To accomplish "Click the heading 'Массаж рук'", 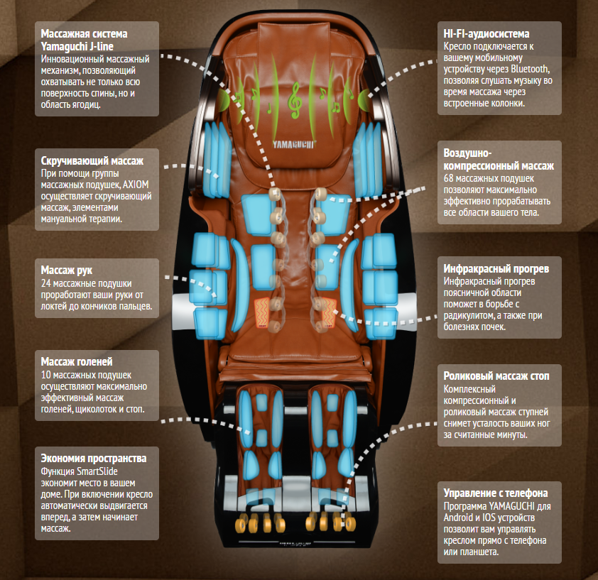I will point(67,270).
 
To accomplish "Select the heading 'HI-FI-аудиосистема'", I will point(486,34).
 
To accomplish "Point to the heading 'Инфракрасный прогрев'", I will point(496,269).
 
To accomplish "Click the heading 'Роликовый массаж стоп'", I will point(496,377).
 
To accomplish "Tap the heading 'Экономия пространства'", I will point(94,458).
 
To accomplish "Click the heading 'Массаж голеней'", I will point(77,362).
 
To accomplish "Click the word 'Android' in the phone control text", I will point(462,518).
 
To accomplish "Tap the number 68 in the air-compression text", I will point(449,177).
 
